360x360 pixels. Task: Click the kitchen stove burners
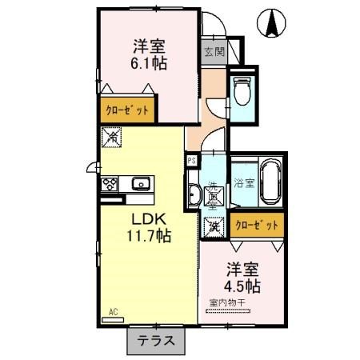point(110,185)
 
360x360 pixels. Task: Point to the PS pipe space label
point(191,160)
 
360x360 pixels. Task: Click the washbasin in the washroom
point(196,194)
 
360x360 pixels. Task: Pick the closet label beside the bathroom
point(258,226)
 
